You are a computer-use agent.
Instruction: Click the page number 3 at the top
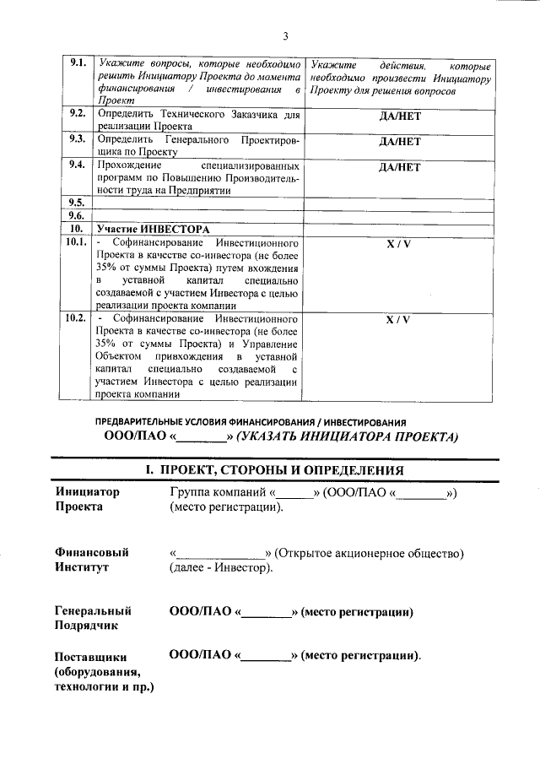[x=285, y=35]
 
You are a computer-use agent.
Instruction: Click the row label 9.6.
[x=77, y=215]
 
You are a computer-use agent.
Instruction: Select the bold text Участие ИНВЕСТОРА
[x=152, y=229]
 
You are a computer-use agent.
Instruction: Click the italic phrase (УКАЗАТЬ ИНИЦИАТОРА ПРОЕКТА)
[x=347, y=437]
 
